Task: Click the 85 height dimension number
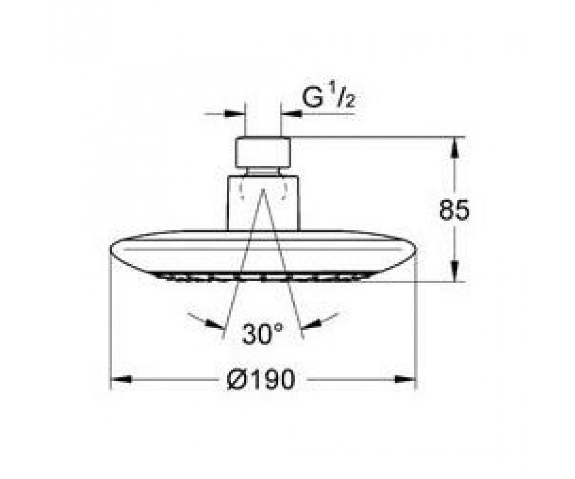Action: click(454, 210)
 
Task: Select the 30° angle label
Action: click(262, 335)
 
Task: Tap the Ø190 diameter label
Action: click(261, 379)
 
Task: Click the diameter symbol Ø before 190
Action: click(236, 379)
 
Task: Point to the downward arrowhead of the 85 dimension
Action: click(454, 271)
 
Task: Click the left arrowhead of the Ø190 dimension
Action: click(121, 379)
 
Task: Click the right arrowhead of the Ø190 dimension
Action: click(405, 379)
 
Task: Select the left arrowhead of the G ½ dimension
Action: click(235, 114)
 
